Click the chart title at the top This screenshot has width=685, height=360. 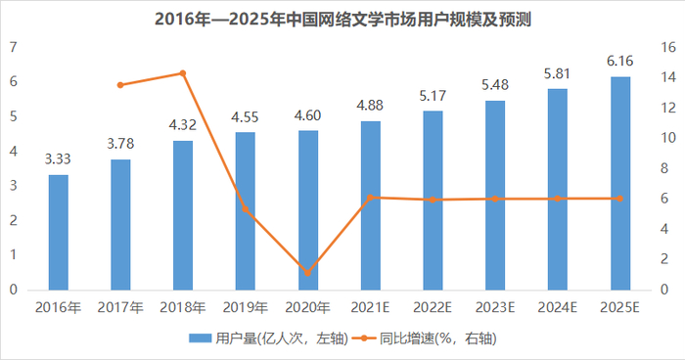342,19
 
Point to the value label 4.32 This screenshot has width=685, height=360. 183,125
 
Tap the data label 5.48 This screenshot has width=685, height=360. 494,85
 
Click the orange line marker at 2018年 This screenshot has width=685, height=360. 183,73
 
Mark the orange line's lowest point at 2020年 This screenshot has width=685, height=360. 307,272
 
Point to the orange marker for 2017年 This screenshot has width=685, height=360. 120,85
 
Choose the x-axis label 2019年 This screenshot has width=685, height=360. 245,307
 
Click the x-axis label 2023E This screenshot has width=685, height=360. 494,307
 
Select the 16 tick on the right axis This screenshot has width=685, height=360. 668,47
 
